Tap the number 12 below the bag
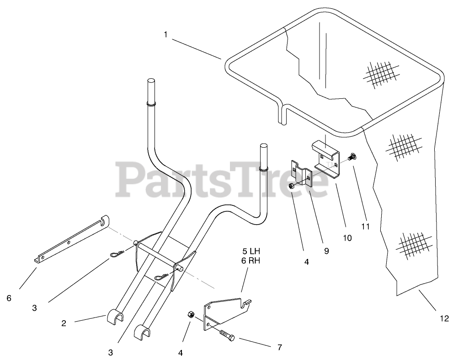[x=443, y=318]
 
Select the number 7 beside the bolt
[x=279, y=347]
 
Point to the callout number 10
[x=347, y=238]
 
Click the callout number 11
[x=365, y=226]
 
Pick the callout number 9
[x=326, y=251]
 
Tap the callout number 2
[x=64, y=323]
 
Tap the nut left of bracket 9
[x=291, y=185]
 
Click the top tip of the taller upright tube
[x=151, y=81]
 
